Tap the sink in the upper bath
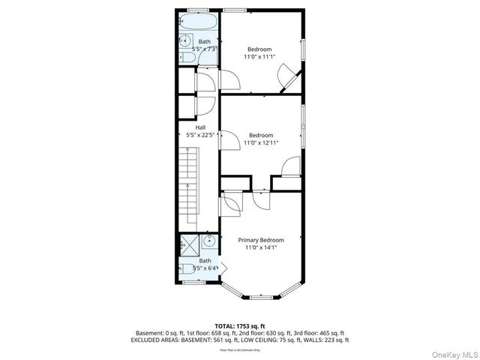coord(185,40)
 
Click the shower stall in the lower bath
coord(187,244)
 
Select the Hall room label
coord(201,127)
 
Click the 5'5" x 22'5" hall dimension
coord(201,135)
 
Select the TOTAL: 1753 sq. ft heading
coord(240,325)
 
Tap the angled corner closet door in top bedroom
coord(289,77)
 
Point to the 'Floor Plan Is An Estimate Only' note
coord(240,349)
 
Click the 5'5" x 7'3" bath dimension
coord(205,49)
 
